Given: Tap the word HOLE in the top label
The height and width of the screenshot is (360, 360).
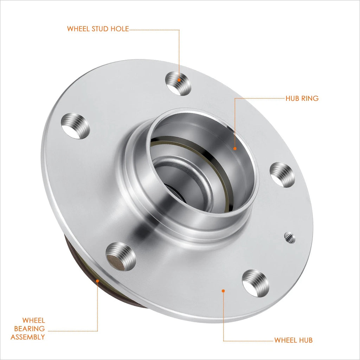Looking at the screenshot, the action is click(x=120, y=29).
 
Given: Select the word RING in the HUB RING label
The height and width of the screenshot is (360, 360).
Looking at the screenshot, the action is click(x=310, y=98).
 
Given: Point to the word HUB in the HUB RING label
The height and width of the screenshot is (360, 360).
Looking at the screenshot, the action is click(x=292, y=98).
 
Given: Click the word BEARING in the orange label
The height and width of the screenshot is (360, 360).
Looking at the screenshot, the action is click(x=30, y=329).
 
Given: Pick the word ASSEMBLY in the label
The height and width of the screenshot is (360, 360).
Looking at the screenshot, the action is click(x=28, y=337).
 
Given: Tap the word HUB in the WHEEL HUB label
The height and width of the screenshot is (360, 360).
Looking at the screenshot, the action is click(x=306, y=340).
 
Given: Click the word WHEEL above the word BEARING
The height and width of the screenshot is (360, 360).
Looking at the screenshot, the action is click(x=33, y=320).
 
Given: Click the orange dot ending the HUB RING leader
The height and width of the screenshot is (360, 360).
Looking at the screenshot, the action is click(x=235, y=149).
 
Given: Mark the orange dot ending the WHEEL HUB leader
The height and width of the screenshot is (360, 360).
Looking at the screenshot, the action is click(x=223, y=291).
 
